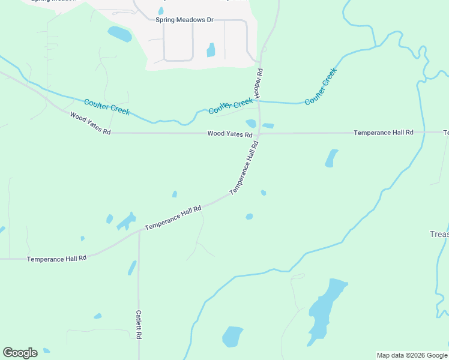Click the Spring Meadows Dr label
pyautogui.click(x=184, y=20)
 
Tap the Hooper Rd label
pyautogui.click(x=259, y=83)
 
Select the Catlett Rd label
pyautogui.click(x=138, y=325)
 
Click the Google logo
pyautogui.click(x=20, y=353)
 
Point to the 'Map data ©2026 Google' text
pyautogui.click(x=412, y=355)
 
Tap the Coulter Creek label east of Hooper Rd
pyautogui.click(x=321, y=87)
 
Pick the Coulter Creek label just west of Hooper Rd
pyautogui.click(x=231, y=106)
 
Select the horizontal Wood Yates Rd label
pyautogui.click(x=229, y=134)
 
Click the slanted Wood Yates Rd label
pyautogui.click(x=90, y=123)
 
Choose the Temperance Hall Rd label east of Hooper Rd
pyautogui.click(x=383, y=132)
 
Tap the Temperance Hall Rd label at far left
pyautogui.click(x=57, y=258)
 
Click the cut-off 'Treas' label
pyautogui.click(x=439, y=234)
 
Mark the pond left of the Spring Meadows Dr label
pyautogui.click(x=119, y=34)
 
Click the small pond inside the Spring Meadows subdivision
pyautogui.click(x=211, y=50)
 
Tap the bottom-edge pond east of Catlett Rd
pyautogui.click(x=232, y=336)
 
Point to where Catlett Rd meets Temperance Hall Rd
pyautogui.click(x=139, y=230)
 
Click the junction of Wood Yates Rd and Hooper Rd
pyautogui.click(x=259, y=133)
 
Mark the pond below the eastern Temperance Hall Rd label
pyautogui.click(x=331, y=158)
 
